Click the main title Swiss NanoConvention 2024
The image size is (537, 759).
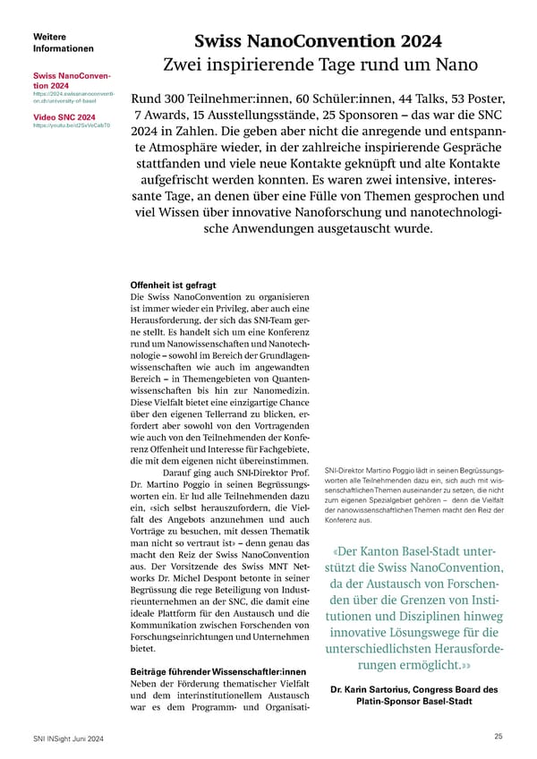click(x=319, y=40)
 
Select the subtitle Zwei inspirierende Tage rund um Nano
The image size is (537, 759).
click(x=319, y=65)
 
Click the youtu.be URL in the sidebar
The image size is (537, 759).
click(x=71, y=126)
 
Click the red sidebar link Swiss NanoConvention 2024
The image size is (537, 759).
click(x=70, y=81)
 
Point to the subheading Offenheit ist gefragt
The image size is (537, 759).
click(x=174, y=286)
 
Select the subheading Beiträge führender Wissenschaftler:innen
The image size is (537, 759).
click(x=219, y=671)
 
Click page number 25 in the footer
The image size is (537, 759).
click(x=499, y=736)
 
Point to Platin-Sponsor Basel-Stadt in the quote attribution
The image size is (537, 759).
click(x=413, y=704)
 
